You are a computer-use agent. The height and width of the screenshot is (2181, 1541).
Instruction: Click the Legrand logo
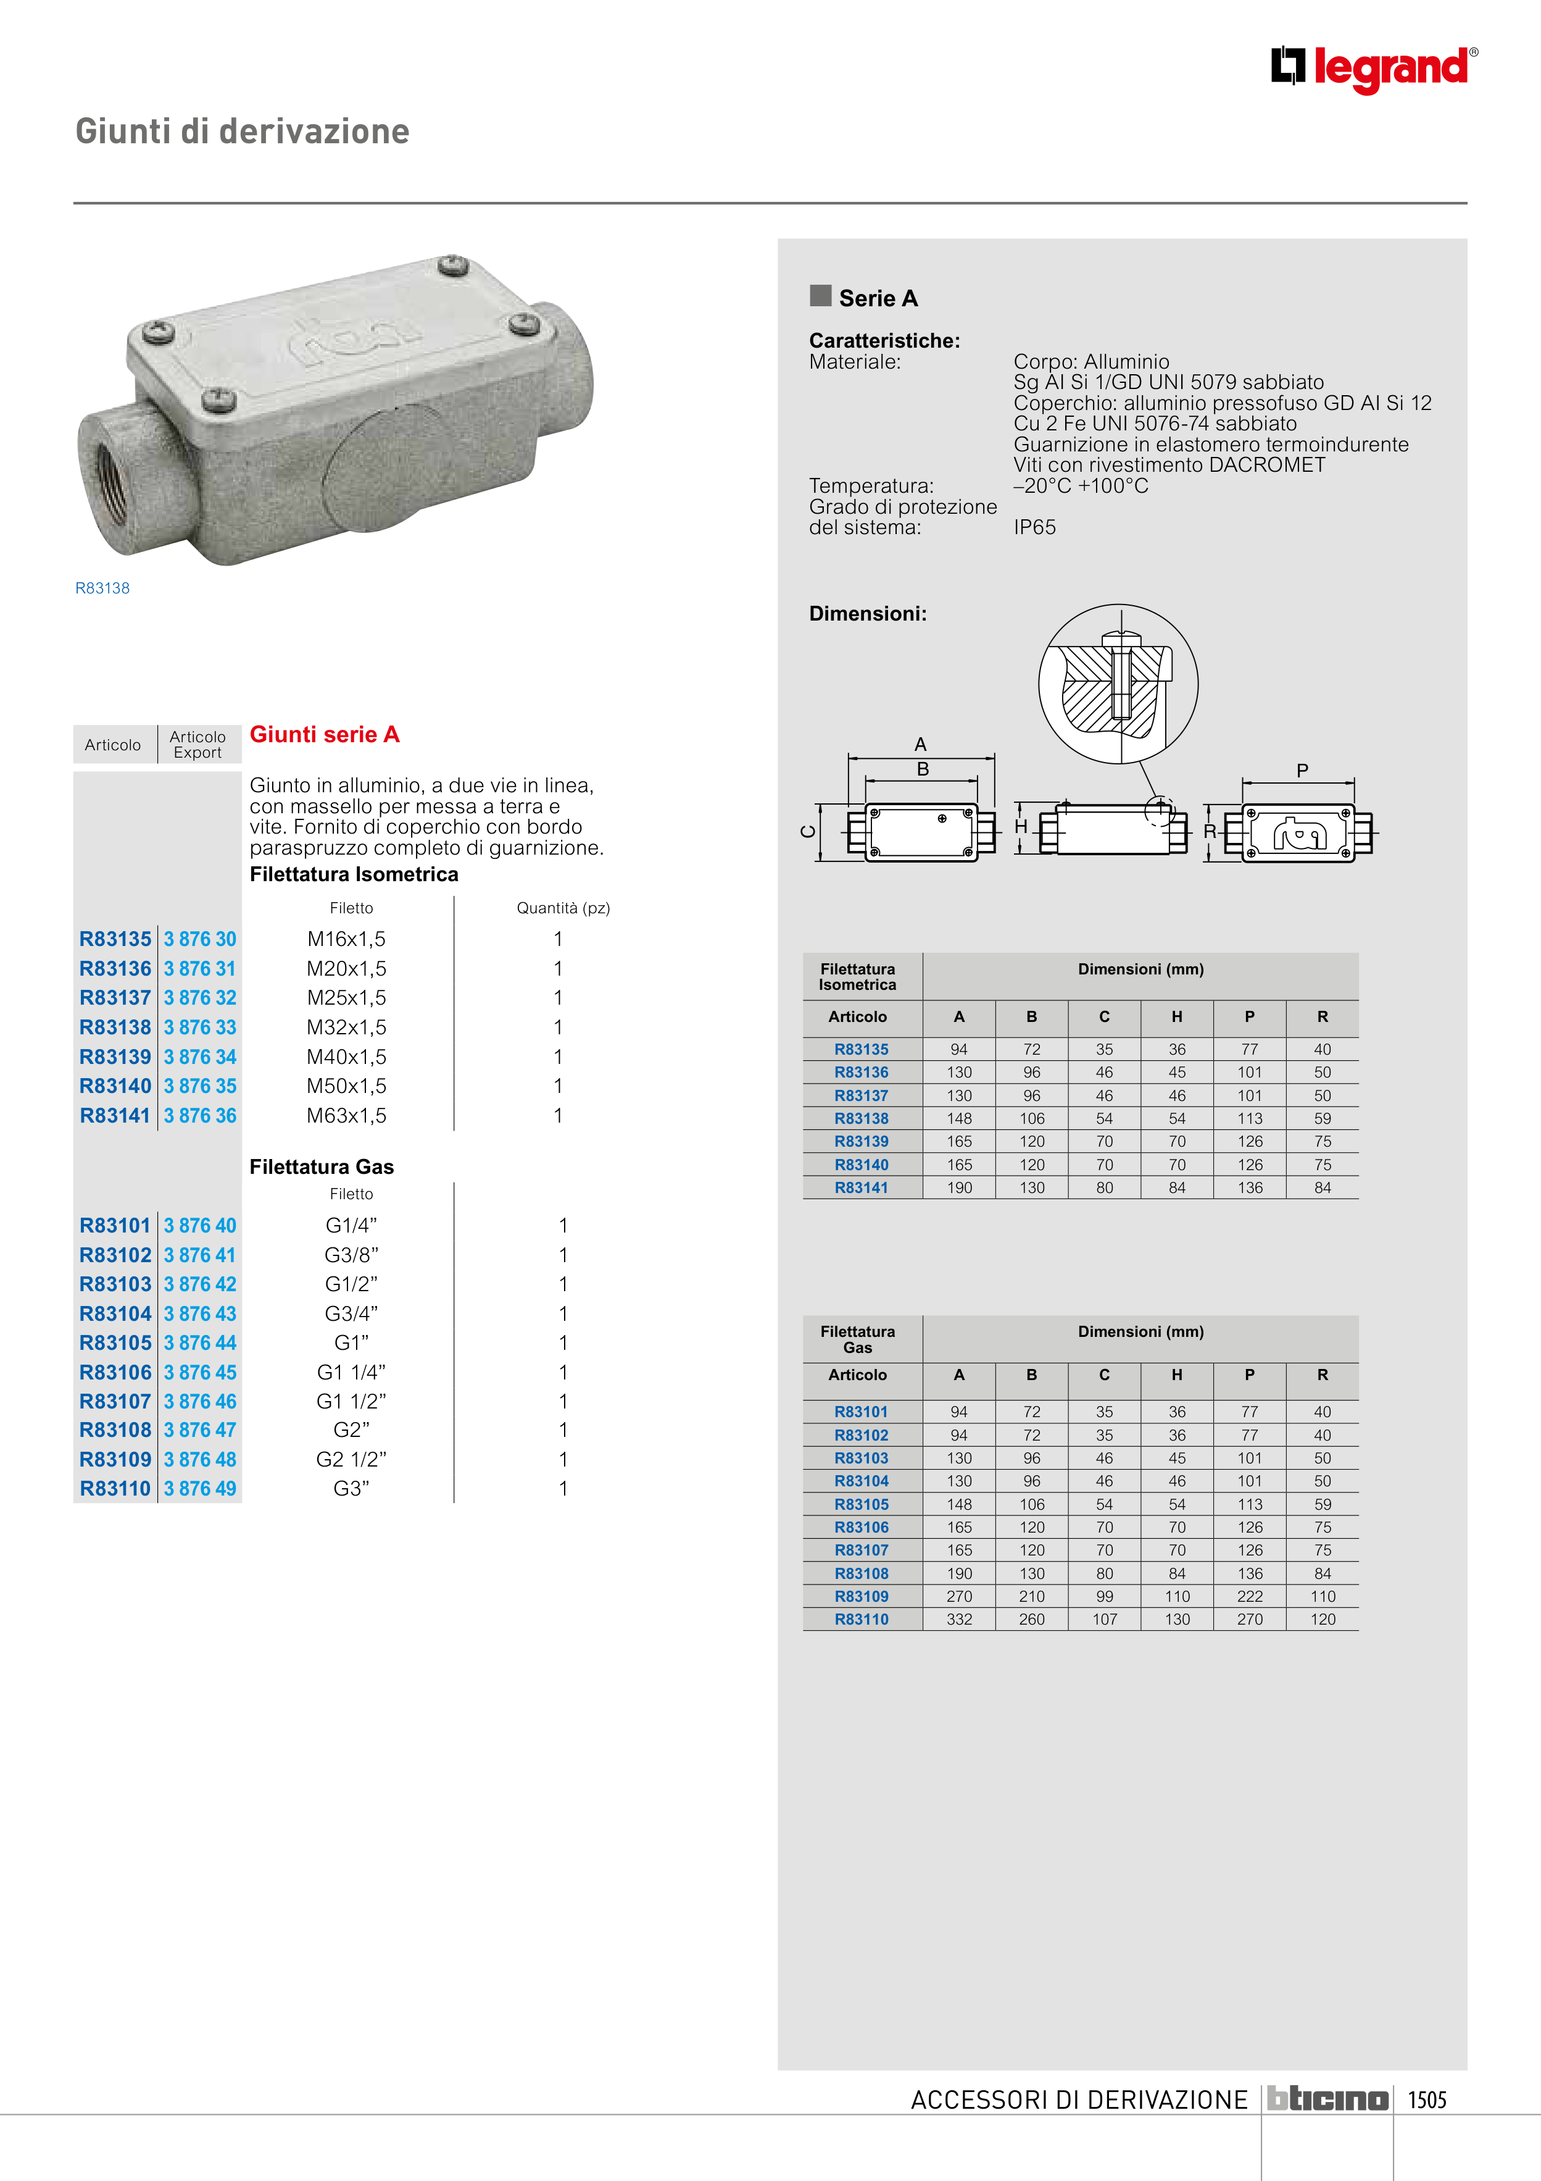(1374, 69)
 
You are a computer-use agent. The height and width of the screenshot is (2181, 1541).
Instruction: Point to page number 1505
(1426, 2099)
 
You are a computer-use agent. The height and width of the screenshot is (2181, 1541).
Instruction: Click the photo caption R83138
(102, 588)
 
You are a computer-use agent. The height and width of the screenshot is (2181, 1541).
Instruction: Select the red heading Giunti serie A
(324, 734)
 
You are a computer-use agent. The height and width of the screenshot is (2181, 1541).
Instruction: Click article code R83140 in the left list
(115, 1086)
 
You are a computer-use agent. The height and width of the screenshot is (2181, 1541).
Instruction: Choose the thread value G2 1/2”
(351, 1459)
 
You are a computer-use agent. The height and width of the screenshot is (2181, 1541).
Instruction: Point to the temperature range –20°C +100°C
(1081, 487)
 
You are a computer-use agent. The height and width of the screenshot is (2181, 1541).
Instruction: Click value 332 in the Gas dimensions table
(959, 1620)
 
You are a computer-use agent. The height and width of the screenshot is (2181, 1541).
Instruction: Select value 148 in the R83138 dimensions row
(959, 1119)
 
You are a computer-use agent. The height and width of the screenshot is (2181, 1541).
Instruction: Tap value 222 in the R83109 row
(1250, 1597)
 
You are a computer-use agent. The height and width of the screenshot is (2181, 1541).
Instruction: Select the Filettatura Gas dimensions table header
(857, 1339)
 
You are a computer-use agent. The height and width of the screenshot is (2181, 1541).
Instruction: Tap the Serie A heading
(878, 298)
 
